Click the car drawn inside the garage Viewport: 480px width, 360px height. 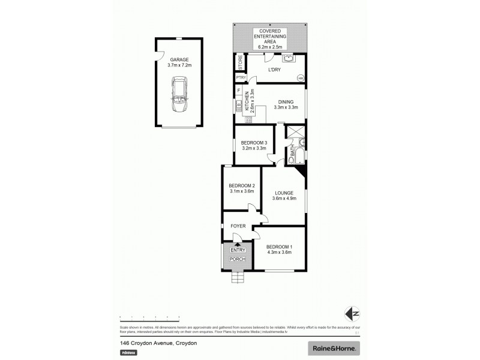tap(179, 94)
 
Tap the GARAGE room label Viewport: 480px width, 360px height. tap(179, 59)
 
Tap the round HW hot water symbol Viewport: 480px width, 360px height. tap(300, 77)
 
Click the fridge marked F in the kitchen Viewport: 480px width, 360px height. tap(239, 91)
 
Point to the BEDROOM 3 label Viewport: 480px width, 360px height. tap(253, 142)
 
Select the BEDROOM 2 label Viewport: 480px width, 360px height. tap(242, 185)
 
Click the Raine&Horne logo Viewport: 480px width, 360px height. tap(335, 348)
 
